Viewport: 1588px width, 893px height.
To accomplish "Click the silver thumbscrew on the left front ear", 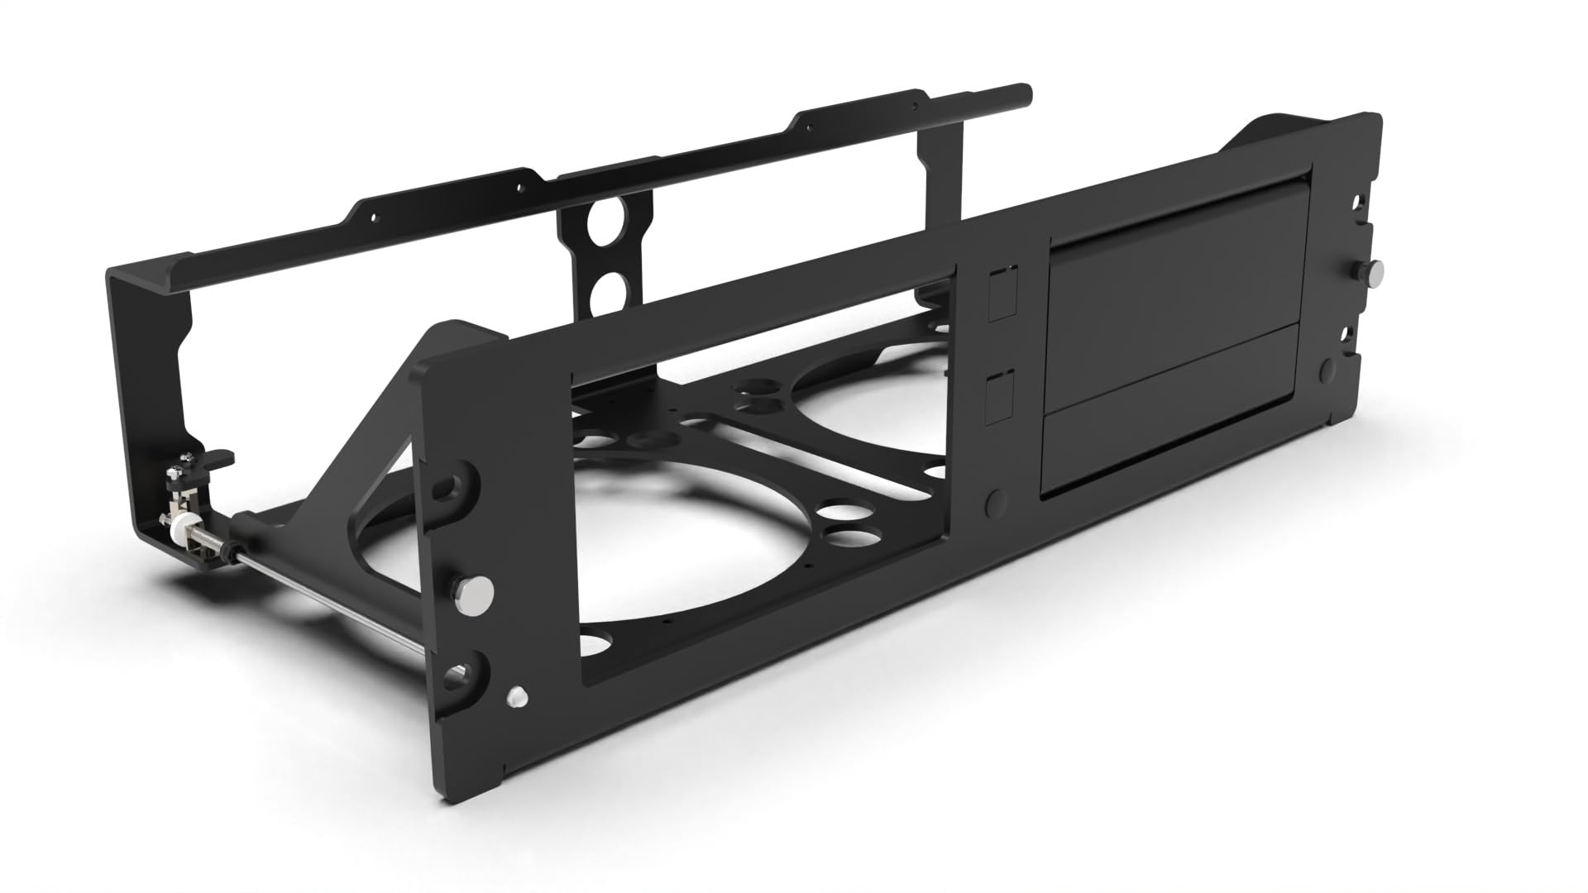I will point(473,590).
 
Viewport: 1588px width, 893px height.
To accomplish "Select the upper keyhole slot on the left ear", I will point(456,486).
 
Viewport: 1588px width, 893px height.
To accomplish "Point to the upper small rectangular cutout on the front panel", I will point(1001,294).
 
